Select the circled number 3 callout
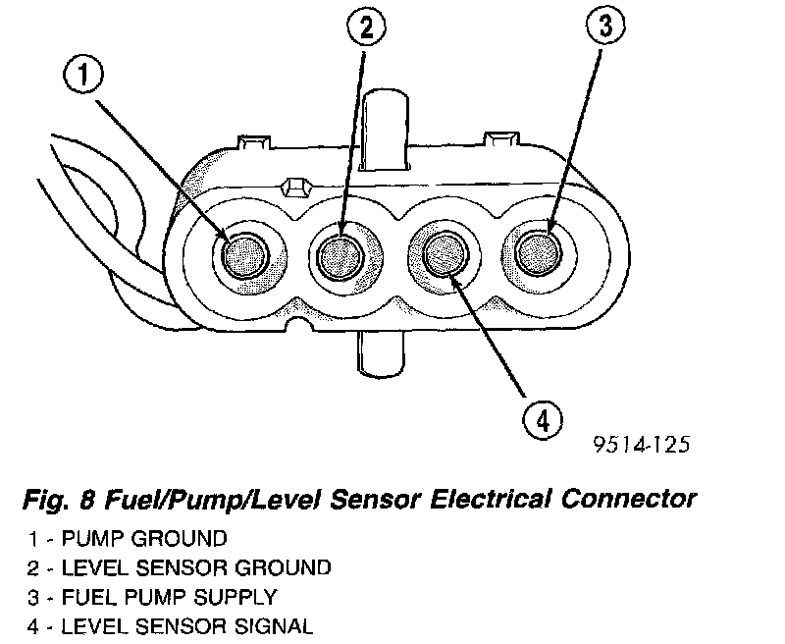(x=605, y=27)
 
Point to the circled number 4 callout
(x=543, y=421)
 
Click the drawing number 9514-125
(x=641, y=444)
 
